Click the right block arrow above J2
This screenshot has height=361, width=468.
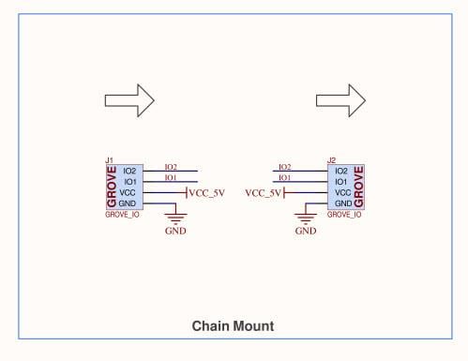point(340,99)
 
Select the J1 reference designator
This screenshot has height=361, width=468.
point(110,161)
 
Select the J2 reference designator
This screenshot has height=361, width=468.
point(332,161)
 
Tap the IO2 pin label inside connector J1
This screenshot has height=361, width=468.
point(130,171)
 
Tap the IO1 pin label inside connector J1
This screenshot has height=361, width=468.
point(130,181)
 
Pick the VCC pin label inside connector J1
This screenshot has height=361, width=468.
point(130,192)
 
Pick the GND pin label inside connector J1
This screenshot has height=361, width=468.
point(130,203)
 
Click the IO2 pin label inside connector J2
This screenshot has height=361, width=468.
point(341,171)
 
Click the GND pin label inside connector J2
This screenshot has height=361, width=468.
point(342,203)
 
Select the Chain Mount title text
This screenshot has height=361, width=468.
point(233,326)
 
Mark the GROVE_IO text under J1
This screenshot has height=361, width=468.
point(123,215)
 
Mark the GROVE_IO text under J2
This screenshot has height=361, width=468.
point(344,215)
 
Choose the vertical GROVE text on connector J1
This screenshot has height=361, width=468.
point(113,188)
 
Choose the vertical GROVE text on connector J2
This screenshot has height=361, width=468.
point(359,188)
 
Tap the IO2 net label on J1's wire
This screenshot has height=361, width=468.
point(171,166)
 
